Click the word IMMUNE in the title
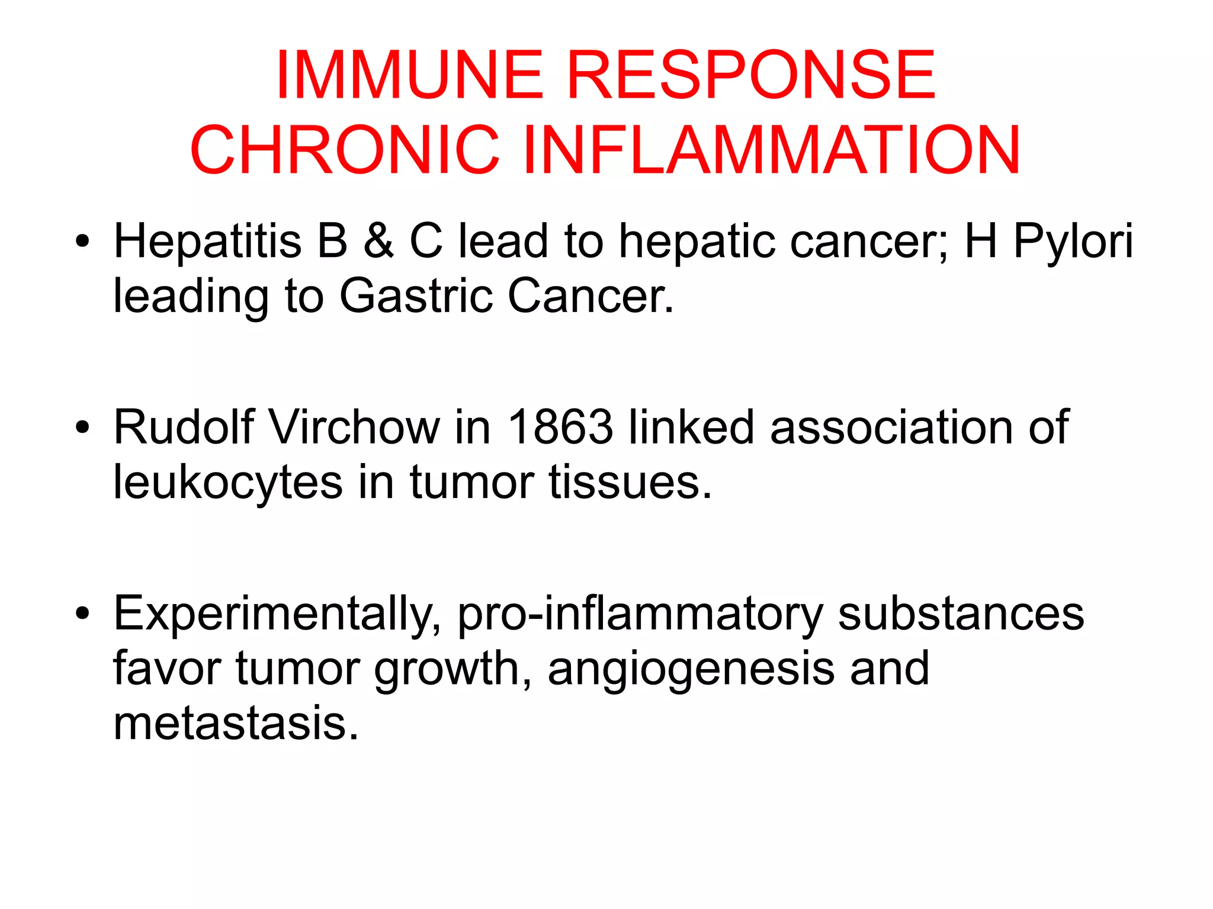(x=409, y=75)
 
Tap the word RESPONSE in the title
(x=752, y=75)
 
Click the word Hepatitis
(x=207, y=242)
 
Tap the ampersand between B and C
(x=378, y=242)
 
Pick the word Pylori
(x=1073, y=242)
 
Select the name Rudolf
(x=184, y=427)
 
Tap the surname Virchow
(x=355, y=427)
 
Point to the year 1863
(x=560, y=427)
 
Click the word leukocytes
(x=228, y=483)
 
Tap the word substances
(x=961, y=614)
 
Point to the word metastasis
(x=236, y=724)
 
